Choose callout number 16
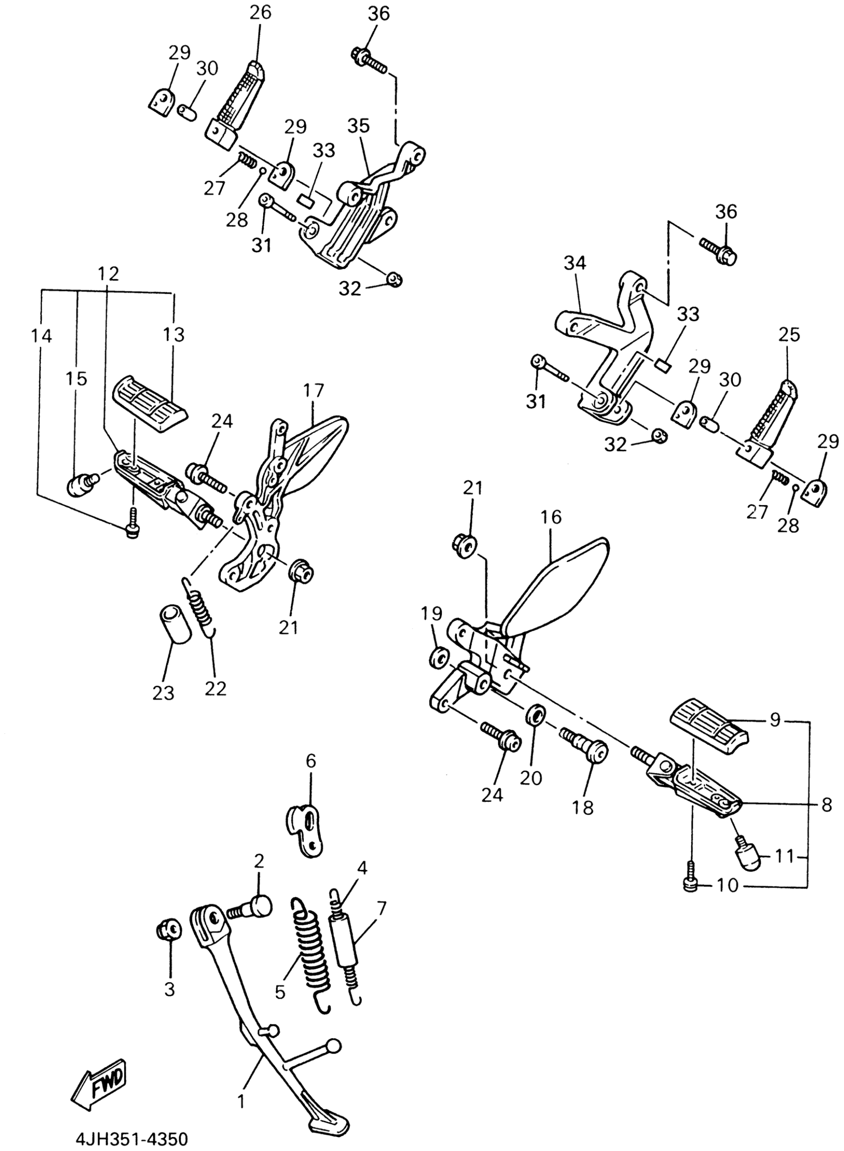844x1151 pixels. pyautogui.click(x=549, y=518)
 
